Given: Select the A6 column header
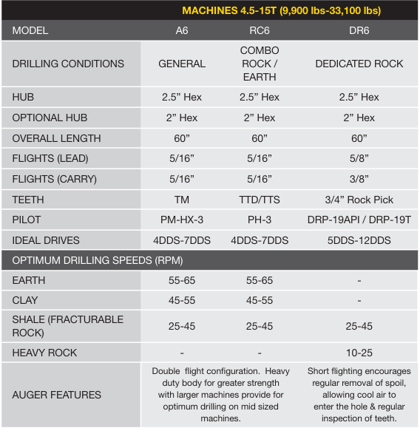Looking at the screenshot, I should (182, 31).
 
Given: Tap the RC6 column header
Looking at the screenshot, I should (259, 31).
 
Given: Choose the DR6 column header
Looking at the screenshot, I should (359, 31).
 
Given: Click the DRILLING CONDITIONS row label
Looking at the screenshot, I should (68, 64).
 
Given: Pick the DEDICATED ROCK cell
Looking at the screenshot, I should (359, 64).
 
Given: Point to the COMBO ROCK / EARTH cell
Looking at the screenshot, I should (259, 64).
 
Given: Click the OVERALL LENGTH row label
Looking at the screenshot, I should (56, 138).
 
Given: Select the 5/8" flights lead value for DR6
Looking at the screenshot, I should (359, 159).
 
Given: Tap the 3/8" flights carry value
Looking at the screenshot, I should (359, 179).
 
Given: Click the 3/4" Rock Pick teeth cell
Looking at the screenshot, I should (359, 200).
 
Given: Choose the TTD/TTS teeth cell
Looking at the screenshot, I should (259, 200).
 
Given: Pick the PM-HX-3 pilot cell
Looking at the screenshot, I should (182, 220).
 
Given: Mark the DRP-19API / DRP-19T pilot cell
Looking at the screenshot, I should (359, 220).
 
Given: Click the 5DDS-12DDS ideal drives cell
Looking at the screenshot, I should (359, 240).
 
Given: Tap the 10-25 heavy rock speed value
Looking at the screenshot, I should (359, 353).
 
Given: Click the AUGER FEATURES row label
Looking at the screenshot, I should (56, 395).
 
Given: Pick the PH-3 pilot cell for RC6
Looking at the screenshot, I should (259, 220).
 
